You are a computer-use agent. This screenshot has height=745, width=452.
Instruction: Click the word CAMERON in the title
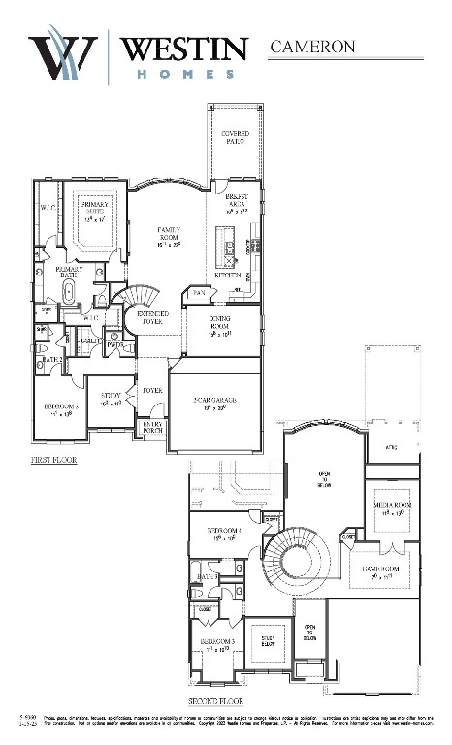(312, 46)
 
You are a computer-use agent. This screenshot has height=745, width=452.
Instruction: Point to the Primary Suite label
(94, 208)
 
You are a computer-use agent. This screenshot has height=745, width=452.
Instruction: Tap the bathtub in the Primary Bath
(69, 290)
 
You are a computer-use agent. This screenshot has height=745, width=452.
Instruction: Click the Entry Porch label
(152, 428)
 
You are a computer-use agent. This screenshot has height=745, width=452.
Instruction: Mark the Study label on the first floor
(111, 398)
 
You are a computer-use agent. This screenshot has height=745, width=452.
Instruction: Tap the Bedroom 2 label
(55, 409)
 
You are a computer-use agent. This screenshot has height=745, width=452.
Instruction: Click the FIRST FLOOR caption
(54, 462)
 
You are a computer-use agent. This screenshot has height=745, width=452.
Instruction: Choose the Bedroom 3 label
(217, 644)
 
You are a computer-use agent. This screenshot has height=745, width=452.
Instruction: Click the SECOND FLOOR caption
(214, 700)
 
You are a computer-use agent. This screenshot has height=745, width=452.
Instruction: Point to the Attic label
(391, 447)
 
